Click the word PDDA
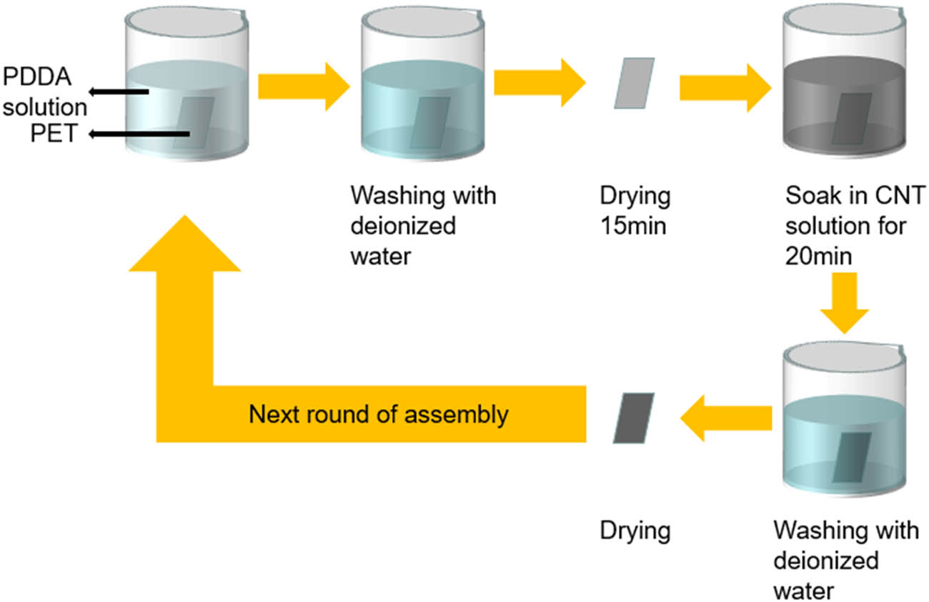35,76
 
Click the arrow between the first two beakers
304,86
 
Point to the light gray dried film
634,84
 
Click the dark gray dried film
633,418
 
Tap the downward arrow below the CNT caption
844,307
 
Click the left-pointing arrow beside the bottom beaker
725,418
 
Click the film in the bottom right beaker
851,458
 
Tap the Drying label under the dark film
635,531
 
